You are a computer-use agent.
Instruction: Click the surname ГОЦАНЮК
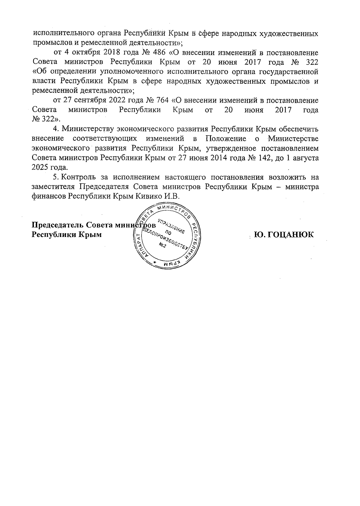click(284, 234)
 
